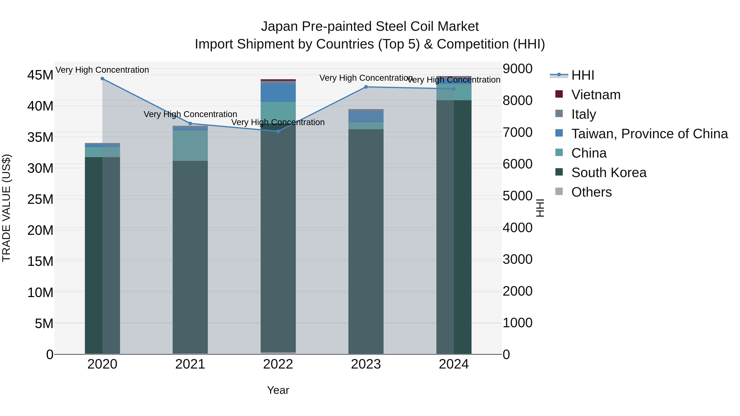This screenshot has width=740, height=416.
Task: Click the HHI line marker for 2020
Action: click(102, 79)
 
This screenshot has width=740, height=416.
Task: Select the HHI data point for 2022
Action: click(278, 131)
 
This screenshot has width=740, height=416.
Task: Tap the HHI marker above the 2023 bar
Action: click(366, 87)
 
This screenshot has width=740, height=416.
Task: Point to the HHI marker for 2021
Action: click(190, 124)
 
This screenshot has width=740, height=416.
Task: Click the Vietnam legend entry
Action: click(595, 95)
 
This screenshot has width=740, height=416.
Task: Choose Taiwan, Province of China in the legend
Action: click(649, 134)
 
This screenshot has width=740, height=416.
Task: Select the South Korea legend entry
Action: click(608, 173)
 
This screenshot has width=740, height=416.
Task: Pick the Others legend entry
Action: click(591, 192)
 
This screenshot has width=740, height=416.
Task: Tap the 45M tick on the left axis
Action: click(40, 75)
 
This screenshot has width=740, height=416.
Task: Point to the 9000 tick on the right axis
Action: click(517, 69)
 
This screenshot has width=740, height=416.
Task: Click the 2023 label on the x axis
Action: click(366, 364)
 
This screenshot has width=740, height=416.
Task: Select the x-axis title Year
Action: click(278, 390)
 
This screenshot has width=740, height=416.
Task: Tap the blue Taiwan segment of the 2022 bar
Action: click(278, 93)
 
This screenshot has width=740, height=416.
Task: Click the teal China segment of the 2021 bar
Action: click(190, 146)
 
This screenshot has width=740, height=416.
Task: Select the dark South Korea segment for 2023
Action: click(366, 241)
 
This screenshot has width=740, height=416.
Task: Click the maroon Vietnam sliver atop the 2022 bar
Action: click(278, 80)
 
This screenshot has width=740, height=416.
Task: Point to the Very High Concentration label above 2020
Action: click(102, 70)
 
